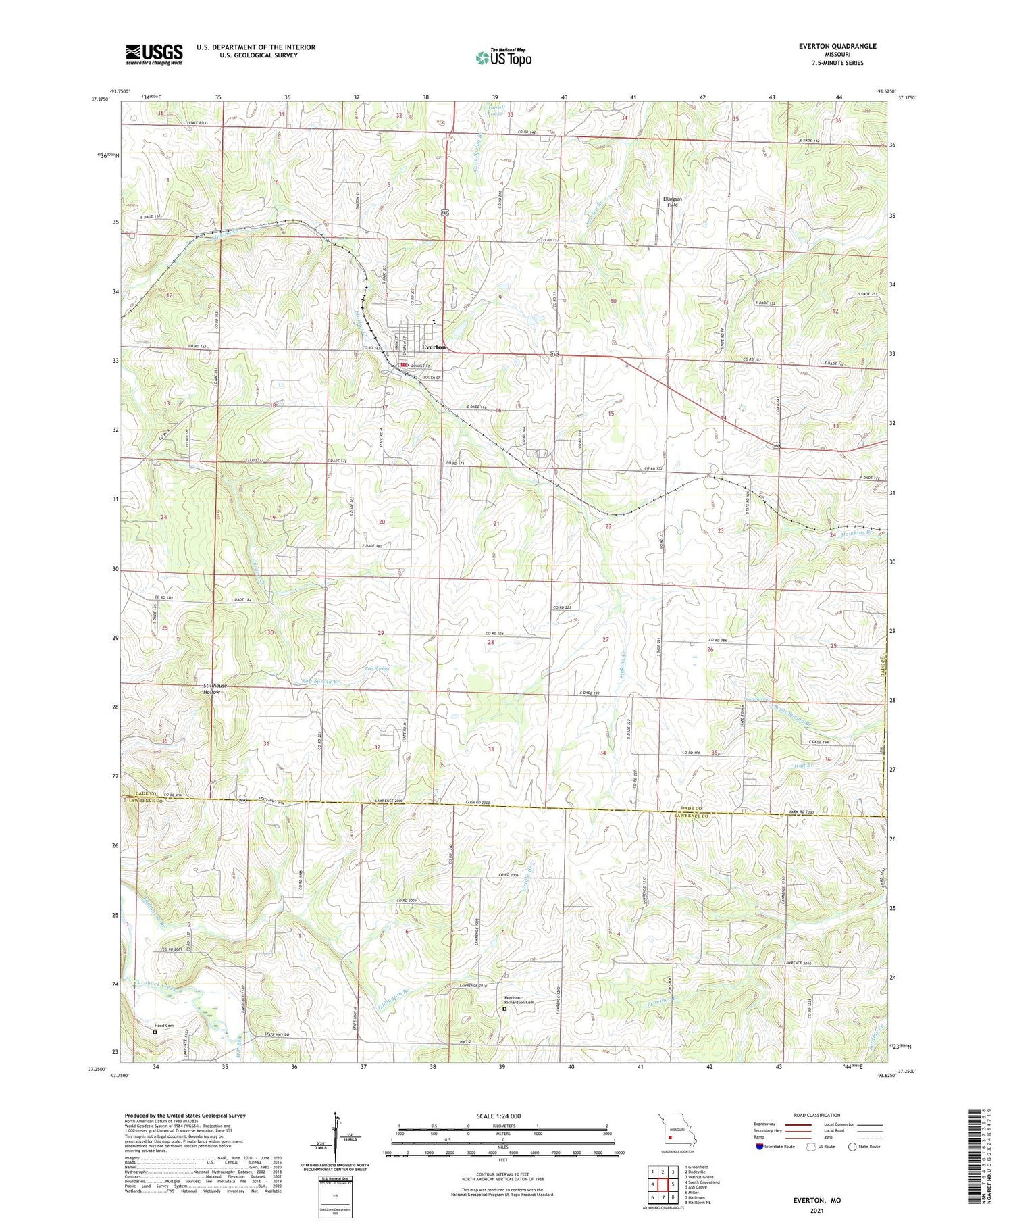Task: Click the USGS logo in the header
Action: (x=154, y=54)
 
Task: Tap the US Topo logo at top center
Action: (x=503, y=58)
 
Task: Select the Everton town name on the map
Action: (x=434, y=347)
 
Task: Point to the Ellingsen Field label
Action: (x=672, y=201)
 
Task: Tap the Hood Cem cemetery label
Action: (x=164, y=1026)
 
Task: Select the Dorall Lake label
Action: (x=496, y=110)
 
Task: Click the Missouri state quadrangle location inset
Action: (x=676, y=1132)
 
